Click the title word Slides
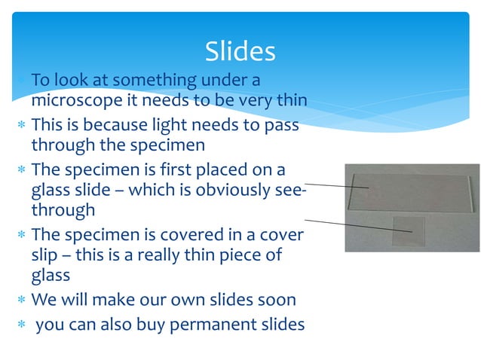point(240,52)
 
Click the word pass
point(280,124)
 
